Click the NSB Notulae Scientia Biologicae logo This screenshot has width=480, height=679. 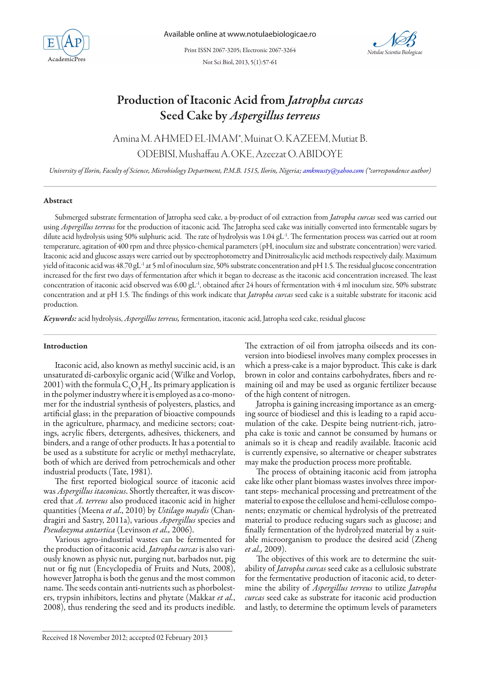(x=395, y=43)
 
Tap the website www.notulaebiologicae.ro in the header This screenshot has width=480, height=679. (x=272, y=34)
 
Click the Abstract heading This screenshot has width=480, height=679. (x=58, y=201)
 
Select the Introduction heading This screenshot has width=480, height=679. (x=65, y=346)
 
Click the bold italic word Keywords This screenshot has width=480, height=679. (x=60, y=319)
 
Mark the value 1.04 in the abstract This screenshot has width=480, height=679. (x=268, y=237)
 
